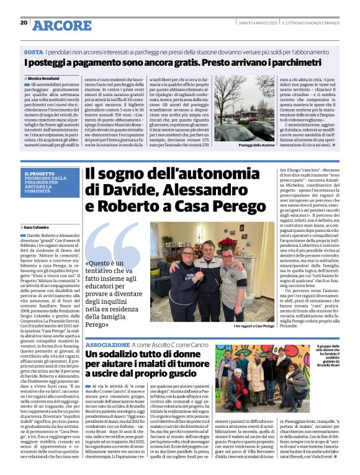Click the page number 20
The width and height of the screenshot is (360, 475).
coord(24,23)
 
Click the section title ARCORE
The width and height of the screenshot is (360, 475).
coord(61,25)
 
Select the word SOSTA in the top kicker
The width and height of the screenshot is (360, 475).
coord(34,53)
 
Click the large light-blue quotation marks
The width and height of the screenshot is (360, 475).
coord(113,246)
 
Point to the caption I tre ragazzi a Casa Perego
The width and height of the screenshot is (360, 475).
coord(253,326)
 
